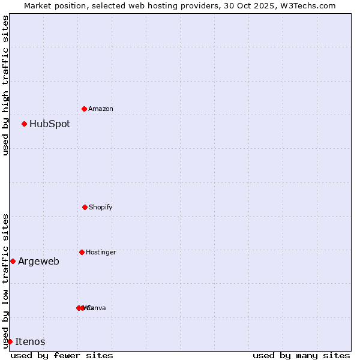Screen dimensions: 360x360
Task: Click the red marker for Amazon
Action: pos(84,109)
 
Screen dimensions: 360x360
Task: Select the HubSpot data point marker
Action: pos(24,124)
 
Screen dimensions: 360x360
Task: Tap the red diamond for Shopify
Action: pos(85,207)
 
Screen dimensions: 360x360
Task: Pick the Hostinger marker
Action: pos(82,252)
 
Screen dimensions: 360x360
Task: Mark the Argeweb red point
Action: pos(13,261)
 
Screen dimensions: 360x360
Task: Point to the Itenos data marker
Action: pos(10,341)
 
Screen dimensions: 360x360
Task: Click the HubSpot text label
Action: pos(50,124)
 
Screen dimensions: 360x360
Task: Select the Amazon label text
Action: pos(101,109)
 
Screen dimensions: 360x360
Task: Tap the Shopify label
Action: pos(101,208)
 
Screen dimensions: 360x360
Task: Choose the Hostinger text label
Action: pos(101,253)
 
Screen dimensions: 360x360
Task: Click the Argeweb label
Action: pos(38,262)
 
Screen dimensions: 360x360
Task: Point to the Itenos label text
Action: pos(30,342)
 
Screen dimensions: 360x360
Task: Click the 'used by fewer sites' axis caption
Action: pos(62,355)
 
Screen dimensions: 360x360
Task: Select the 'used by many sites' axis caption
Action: pos(301,355)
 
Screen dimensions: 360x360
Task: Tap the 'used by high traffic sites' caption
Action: pos(5,85)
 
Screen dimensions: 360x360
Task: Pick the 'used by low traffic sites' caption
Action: pos(5,281)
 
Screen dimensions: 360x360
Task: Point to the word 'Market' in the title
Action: pos(38,5)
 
